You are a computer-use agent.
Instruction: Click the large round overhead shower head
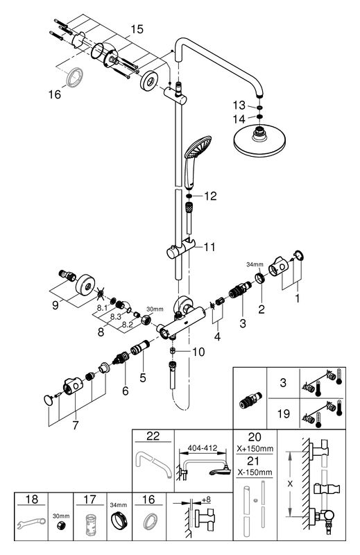tap(259, 142)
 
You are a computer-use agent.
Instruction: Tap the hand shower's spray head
tap(198, 147)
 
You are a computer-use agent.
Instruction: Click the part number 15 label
tap(137, 29)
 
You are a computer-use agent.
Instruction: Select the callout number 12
tap(210, 196)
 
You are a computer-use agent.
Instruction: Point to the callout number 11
tap(209, 247)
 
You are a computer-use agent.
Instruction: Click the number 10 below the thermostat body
tap(198, 352)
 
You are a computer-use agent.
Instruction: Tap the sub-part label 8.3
tap(116, 317)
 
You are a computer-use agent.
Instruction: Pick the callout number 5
tap(143, 377)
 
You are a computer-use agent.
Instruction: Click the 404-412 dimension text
tap(203, 447)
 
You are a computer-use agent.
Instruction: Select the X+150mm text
tap(255, 449)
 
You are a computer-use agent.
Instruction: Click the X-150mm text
tap(254, 472)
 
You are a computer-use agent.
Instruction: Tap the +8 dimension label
tap(206, 499)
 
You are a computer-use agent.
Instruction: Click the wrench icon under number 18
tap(31, 524)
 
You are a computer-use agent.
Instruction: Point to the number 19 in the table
tap(284, 413)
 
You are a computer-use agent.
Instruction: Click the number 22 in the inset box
tap(153, 436)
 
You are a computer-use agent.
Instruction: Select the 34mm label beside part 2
tap(255, 264)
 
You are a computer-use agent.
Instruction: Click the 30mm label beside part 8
tap(155, 309)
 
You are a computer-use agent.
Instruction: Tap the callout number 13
tap(239, 105)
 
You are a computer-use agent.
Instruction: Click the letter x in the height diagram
tap(290, 484)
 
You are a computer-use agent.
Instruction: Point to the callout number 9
tap(55, 305)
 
